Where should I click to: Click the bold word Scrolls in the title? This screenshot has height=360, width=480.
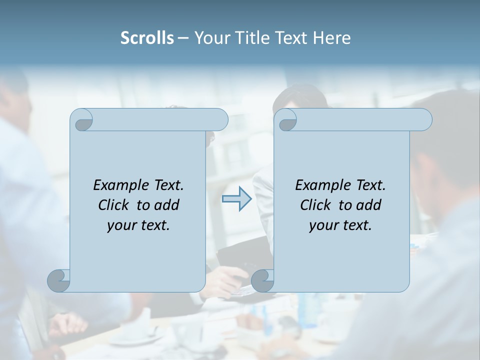[147, 38]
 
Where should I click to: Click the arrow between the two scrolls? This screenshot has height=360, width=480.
[236, 199]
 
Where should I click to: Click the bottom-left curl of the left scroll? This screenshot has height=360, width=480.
[59, 280]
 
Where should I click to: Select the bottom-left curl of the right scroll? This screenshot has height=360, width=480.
[263, 280]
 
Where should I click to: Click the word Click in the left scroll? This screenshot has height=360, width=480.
[114, 205]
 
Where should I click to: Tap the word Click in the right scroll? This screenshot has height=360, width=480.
[316, 205]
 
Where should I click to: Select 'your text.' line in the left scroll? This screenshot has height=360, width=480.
[138, 225]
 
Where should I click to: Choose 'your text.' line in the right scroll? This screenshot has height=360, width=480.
[340, 225]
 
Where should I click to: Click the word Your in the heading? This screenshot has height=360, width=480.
[210, 38]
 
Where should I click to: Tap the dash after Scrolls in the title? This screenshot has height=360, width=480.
[183, 38]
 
